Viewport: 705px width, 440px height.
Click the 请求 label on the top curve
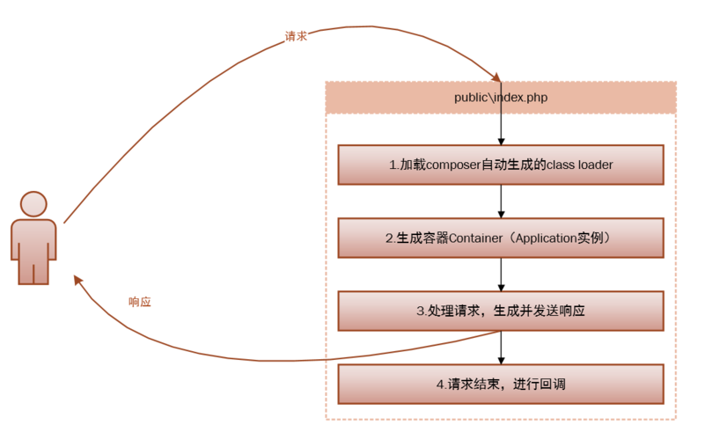pyautogui.click(x=296, y=36)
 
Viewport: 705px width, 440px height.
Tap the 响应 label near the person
pyautogui.click(x=140, y=302)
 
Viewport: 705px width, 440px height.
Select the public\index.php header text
pyautogui.click(x=500, y=98)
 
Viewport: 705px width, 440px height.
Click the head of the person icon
pyautogui.click(x=33, y=204)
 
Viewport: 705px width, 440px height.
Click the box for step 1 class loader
pyautogui.click(x=501, y=165)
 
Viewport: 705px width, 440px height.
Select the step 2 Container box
pyautogui.click(x=501, y=238)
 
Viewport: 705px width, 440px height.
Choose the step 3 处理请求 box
pyautogui.click(x=501, y=312)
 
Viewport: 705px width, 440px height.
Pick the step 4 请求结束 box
pyautogui.click(x=501, y=385)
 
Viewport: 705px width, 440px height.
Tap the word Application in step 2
pyautogui.click(x=542, y=238)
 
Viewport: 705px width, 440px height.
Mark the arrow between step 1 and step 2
pyautogui.click(x=501, y=201)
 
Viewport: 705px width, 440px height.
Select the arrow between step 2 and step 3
pyautogui.click(x=501, y=275)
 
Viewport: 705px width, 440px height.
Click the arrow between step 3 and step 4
pyautogui.click(x=501, y=348)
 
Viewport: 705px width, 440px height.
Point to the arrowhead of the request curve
pyautogui.click(x=496, y=78)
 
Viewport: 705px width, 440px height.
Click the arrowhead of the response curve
pyautogui.click(x=78, y=279)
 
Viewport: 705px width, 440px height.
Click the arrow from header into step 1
pyautogui.click(x=501, y=128)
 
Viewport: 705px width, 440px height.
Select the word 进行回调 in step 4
pyautogui.click(x=541, y=385)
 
